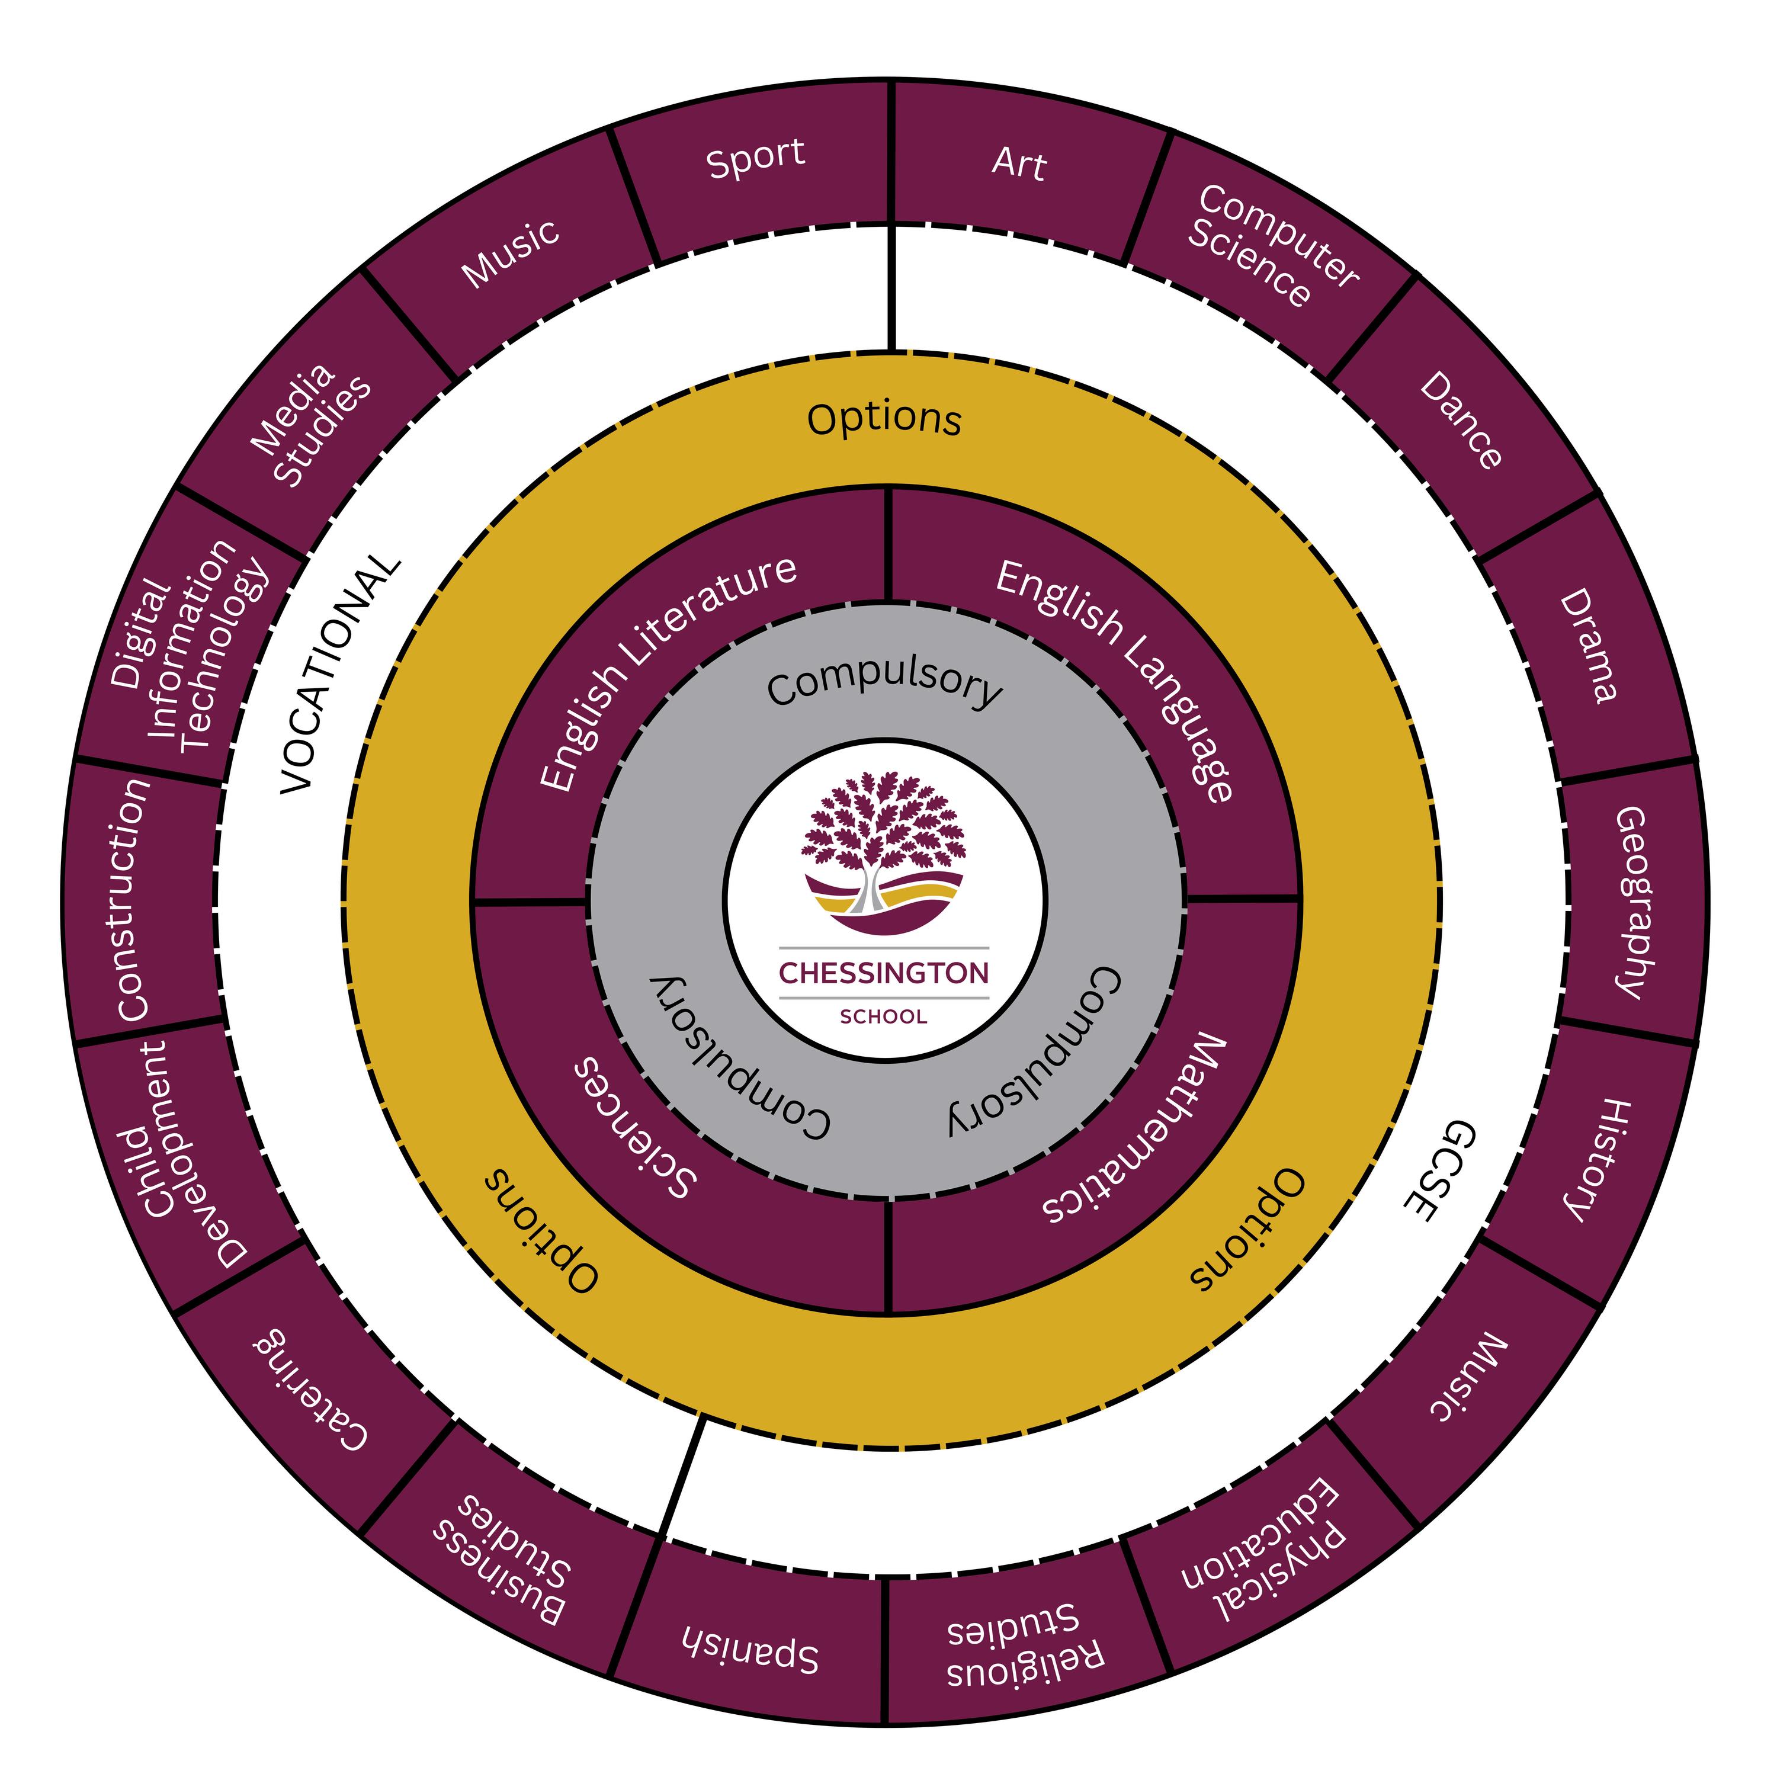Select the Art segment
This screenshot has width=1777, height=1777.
click(1018, 163)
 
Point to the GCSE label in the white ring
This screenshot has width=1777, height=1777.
click(1439, 1170)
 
